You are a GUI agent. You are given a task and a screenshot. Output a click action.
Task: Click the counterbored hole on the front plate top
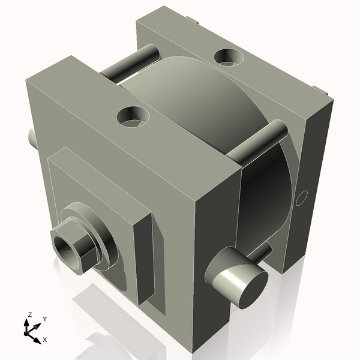tap(133, 115)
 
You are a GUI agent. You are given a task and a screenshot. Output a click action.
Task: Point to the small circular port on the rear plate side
tap(302, 197)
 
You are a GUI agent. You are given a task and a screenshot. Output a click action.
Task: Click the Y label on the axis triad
tap(44, 319)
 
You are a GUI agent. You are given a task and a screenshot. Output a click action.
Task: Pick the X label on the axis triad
tap(44, 340)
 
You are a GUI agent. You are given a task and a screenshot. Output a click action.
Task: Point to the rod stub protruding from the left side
tap(31, 139)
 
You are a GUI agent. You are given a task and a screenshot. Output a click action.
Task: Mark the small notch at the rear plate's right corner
tap(323, 93)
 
